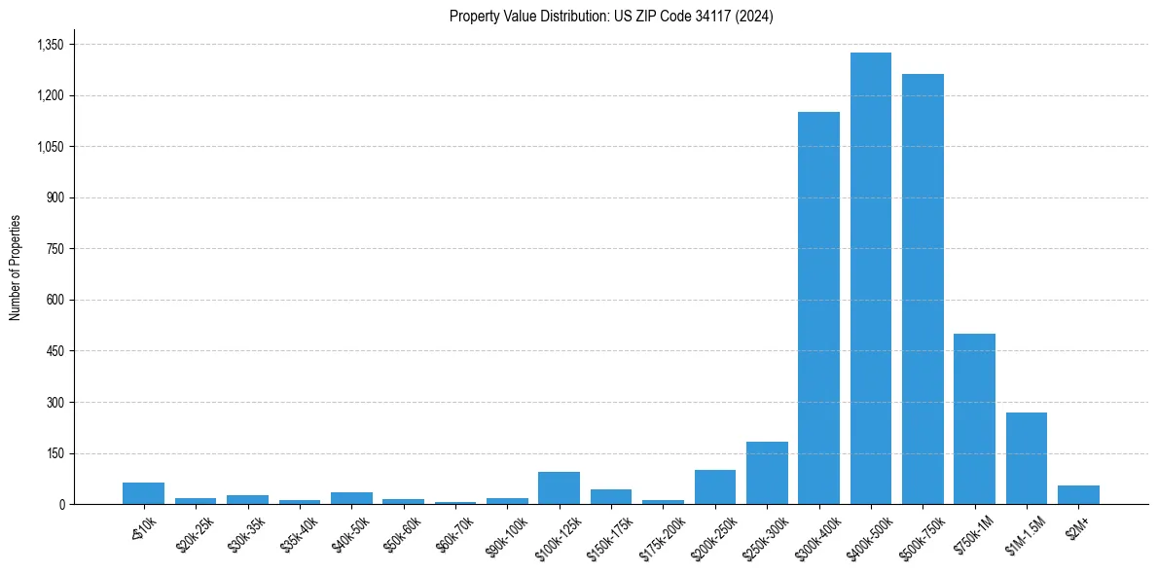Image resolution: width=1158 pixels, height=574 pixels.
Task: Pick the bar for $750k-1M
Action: [974, 418]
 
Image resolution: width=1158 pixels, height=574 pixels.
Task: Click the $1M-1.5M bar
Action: [1026, 458]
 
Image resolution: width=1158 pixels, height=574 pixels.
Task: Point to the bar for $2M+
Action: [1078, 494]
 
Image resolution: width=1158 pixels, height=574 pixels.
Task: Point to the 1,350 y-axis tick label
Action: [50, 45]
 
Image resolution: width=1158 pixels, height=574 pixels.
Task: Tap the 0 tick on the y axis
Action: [60, 504]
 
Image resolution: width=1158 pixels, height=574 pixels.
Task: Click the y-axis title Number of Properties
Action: [16, 267]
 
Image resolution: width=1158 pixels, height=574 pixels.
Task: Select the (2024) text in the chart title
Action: [756, 17]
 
